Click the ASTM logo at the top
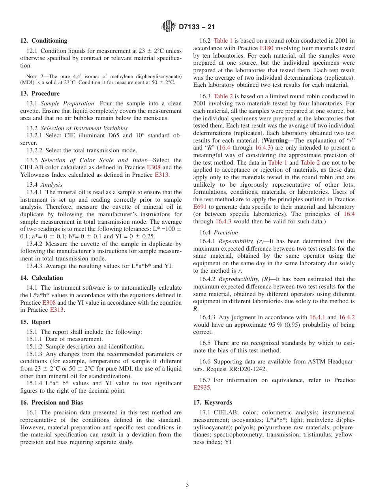(x=169, y=27)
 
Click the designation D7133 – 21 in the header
(x=197, y=27)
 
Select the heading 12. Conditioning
(x=44, y=41)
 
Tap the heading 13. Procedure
(x=40, y=94)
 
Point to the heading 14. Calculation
(x=41, y=278)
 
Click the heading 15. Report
(x=35, y=322)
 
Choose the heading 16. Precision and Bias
(x=52, y=403)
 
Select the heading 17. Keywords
(x=212, y=403)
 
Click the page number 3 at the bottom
(x=187, y=485)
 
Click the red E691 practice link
(x=200, y=207)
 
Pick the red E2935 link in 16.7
(x=201, y=388)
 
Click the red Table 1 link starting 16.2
(x=223, y=41)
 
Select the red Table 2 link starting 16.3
(x=223, y=96)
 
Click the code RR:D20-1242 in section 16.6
(x=248, y=369)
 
